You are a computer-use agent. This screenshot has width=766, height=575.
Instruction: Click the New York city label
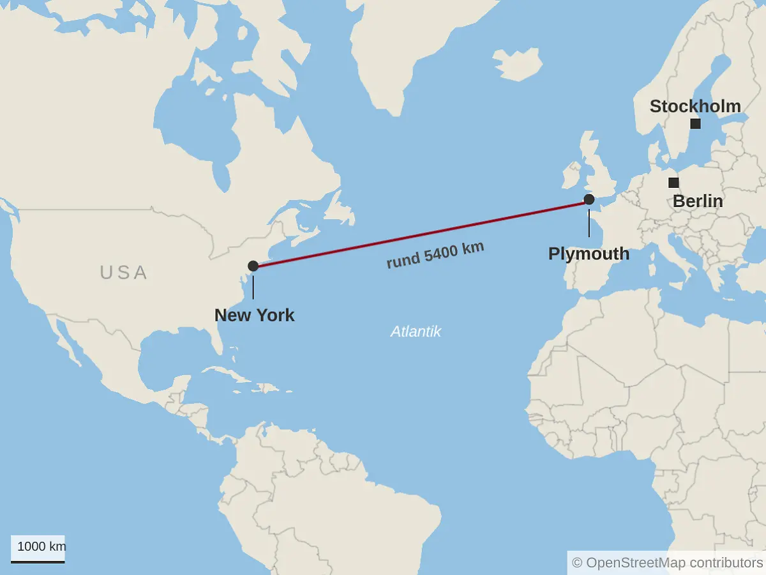pyautogui.click(x=254, y=315)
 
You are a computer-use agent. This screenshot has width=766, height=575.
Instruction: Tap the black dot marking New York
pyautogui.click(x=253, y=266)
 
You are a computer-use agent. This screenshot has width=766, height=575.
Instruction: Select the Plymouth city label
pyautogui.click(x=589, y=254)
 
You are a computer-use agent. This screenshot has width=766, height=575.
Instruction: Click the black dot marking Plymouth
pyautogui.click(x=589, y=200)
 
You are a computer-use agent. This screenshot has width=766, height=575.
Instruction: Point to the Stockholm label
pyautogui.click(x=695, y=106)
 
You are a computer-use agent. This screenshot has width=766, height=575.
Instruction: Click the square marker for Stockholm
pyautogui.click(x=695, y=124)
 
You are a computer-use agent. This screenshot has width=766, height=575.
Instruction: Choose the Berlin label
pyautogui.click(x=698, y=201)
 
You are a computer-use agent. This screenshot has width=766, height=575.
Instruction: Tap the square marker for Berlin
pyautogui.click(x=673, y=183)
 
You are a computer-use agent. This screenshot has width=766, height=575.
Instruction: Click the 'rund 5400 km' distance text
pyautogui.click(x=435, y=256)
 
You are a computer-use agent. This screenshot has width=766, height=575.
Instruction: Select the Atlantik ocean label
pyautogui.click(x=416, y=332)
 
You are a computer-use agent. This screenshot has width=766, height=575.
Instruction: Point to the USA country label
pyautogui.click(x=124, y=272)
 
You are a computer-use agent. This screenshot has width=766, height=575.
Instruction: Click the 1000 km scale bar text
pyautogui.click(x=41, y=546)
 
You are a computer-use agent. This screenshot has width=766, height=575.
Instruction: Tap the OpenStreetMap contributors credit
pyautogui.click(x=667, y=562)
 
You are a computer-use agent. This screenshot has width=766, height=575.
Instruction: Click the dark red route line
pyautogui.click(x=421, y=233)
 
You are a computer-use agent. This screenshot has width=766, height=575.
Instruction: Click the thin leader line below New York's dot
pyautogui.click(x=253, y=287)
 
